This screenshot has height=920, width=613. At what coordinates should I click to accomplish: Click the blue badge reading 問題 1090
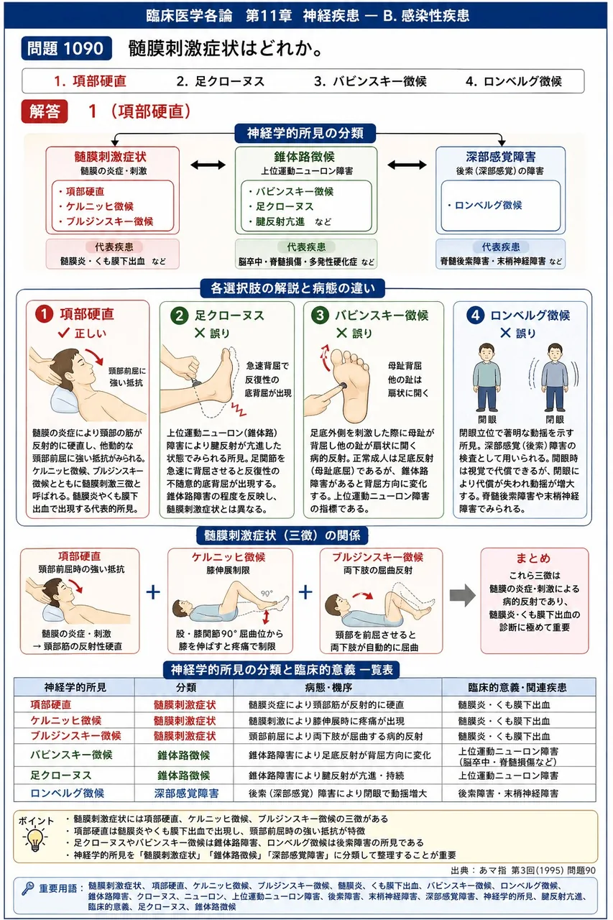pyautogui.click(x=67, y=48)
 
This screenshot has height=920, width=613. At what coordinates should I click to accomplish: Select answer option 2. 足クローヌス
pyautogui.click(x=221, y=81)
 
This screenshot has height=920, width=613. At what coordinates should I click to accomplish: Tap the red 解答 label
pyautogui.click(x=45, y=111)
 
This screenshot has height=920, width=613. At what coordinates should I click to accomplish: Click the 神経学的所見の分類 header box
pyautogui.click(x=305, y=133)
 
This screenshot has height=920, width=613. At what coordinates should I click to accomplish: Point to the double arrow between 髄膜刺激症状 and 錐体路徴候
pyautogui.click(x=208, y=165)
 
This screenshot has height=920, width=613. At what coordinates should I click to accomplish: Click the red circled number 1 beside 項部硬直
pyautogui.click(x=44, y=314)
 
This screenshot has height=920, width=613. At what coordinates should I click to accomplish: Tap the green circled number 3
pyautogui.click(x=320, y=316)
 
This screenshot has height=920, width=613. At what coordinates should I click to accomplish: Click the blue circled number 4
pyautogui.click(x=475, y=316)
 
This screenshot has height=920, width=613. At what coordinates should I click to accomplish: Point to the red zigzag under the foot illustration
pyautogui.click(x=239, y=409)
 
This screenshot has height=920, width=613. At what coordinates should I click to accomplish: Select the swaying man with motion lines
pyautogui.click(x=554, y=377)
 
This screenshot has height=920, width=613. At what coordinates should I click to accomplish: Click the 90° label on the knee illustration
pyautogui.click(x=267, y=594)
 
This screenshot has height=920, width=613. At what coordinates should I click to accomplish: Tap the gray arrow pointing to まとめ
pyautogui.click(x=462, y=594)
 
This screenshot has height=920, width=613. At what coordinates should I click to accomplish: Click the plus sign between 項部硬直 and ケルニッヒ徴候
pyautogui.click(x=153, y=592)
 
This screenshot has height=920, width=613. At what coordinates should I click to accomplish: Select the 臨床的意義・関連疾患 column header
pyautogui.click(x=517, y=688)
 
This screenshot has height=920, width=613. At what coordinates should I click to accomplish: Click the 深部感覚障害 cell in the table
pyautogui.click(x=186, y=793)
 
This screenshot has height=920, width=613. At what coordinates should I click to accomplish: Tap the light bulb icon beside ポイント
pyautogui.click(x=35, y=838)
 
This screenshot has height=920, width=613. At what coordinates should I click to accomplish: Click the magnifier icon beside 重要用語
pyautogui.click(x=28, y=888)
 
